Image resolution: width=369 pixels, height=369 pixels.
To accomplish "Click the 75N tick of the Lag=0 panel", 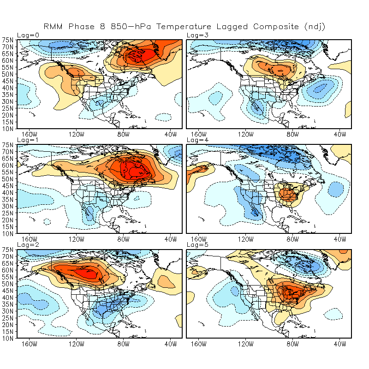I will coord(9,40).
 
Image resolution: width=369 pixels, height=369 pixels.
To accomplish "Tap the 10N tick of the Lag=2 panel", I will coord(9,339).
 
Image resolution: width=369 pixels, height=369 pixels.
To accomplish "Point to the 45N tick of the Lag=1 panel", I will coord(9,186).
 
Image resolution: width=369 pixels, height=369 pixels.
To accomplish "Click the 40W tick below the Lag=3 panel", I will coord(340,134).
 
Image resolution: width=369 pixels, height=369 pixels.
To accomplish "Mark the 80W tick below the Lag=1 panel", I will coord(123,239).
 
